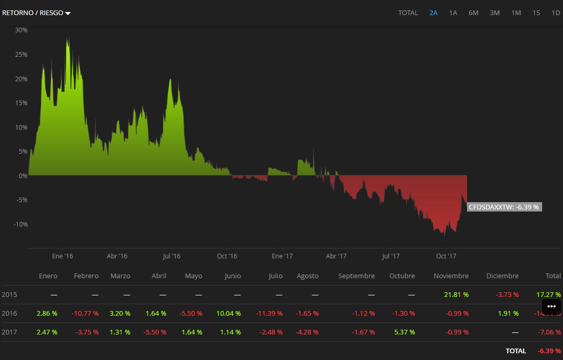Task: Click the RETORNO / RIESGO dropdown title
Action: click(36, 13)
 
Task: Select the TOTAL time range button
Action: click(408, 13)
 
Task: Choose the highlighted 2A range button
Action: click(433, 13)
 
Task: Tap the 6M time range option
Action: click(473, 13)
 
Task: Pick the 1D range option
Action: click(556, 13)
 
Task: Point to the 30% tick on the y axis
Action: click(21, 30)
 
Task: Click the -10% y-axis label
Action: click(20, 225)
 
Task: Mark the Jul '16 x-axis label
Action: click(172, 256)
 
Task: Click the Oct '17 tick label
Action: click(446, 256)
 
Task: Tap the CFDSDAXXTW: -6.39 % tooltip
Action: click(504, 207)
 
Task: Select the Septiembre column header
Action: click(356, 276)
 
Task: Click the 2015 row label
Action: click(9, 295)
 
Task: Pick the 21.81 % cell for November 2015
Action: click(456, 295)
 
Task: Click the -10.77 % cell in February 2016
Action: click(86, 314)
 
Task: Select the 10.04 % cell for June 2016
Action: click(228, 314)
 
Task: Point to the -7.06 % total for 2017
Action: click(548, 332)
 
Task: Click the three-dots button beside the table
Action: click(552, 306)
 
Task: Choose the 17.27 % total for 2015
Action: click(548, 295)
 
